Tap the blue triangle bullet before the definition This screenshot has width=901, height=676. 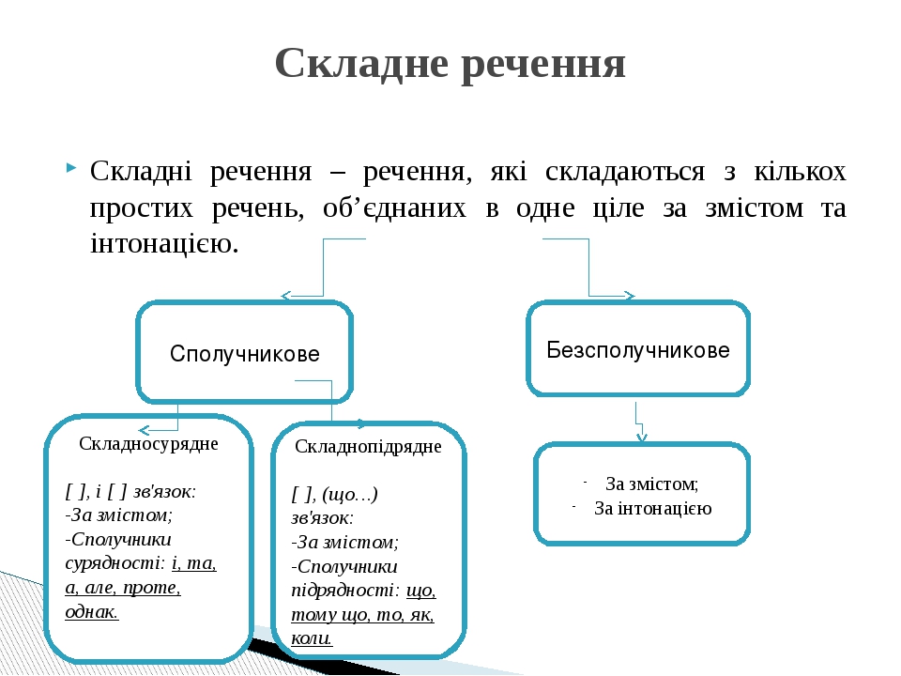click(x=71, y=168)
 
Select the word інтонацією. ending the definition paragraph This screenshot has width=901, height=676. click(x=164, y=243)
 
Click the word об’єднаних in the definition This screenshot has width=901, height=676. click(x=394, y=207)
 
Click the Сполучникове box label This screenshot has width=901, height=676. click(x=245, y=354)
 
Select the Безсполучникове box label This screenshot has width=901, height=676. click(x=638, y=350)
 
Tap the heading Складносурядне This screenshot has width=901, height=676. click(x=149, y=444)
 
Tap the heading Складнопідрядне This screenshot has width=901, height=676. click(x=368, y=447)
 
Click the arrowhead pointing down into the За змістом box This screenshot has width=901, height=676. click(x=642, y=438)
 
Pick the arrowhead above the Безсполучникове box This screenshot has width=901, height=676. click(x=629, y=296)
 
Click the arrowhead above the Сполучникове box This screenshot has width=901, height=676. click(x=286, y=296)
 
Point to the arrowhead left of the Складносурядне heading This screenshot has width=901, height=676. click(x=145, y=430)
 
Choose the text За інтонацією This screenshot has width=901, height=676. click(x=653, y=509)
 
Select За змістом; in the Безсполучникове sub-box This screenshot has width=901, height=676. click(x=652, y=484)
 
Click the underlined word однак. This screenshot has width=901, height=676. click(x=92, y=611)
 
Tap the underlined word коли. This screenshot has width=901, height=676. click(x=312, y=638)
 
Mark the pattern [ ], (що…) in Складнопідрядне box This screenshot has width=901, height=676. click(x=335, y=494)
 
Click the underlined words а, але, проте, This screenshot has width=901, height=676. click(x=123, y=588)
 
